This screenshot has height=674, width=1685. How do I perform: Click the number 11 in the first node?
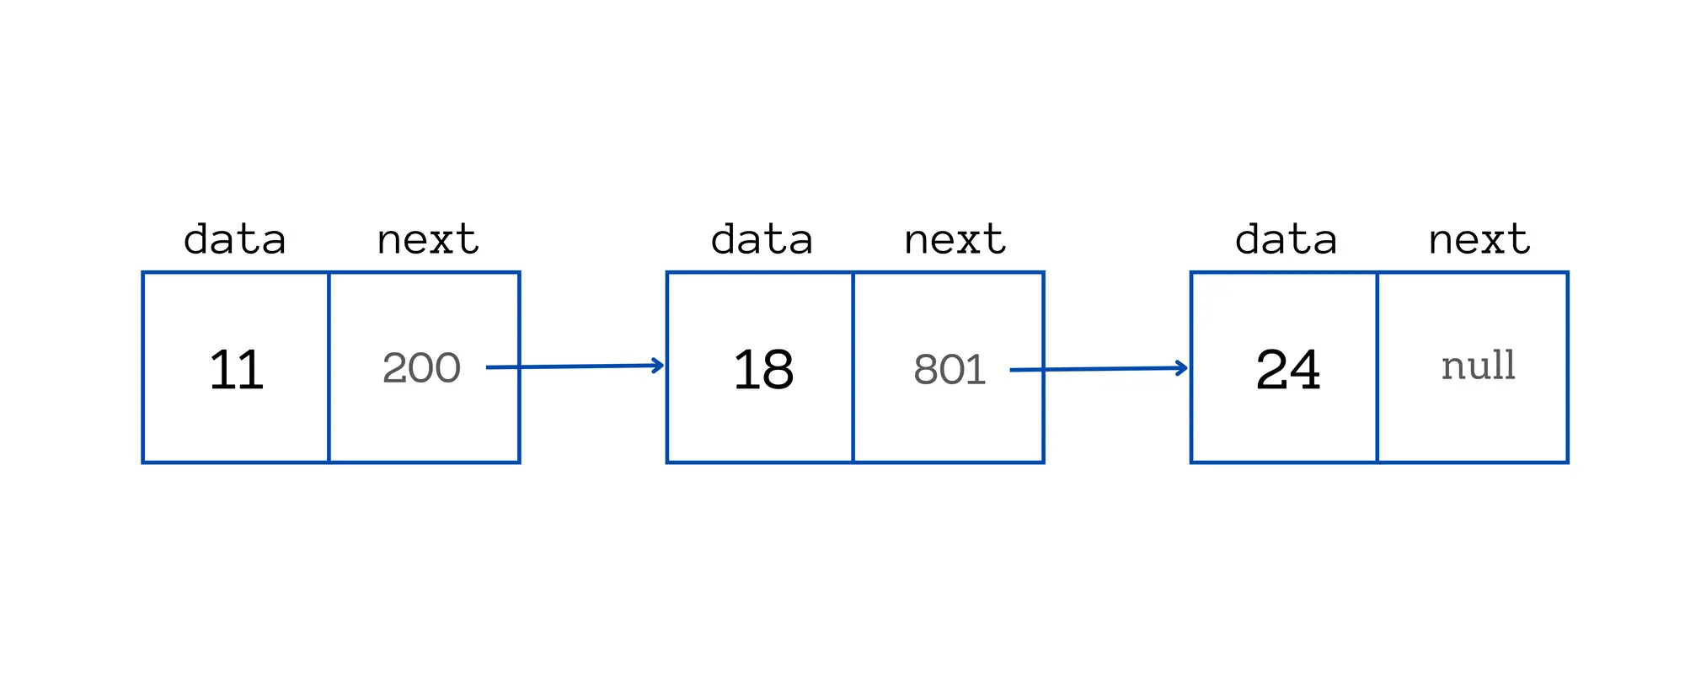pyautogui.click(x=237, y=370)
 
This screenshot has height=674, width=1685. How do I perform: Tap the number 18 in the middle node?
pyautogui.click(x=763, y=370)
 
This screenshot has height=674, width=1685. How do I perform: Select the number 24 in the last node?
pyautogui.click(x=1287, y=370)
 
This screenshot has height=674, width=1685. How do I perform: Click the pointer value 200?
pyautogui.click(x=421, y=368)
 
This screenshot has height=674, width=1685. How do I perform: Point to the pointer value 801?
pyautogui.click(x=949, y=370)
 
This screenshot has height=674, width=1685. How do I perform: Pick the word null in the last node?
pyautogui.click(x=1479, y=366)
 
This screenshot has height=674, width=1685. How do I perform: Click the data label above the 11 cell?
pyautogui.click(x=235, y=239)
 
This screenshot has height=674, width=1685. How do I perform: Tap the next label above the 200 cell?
pyautogui.click(x=428, y=240)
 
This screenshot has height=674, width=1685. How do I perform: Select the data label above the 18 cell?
pyautogui.click(x=762, y=239)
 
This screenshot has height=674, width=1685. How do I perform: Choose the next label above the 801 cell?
pyautogui.click(x=955, y=240)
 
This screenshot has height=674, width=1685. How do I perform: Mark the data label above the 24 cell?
pyautogui.click(x=1286, y=239)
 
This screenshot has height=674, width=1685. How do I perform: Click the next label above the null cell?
pyautogui.click(x=1479, y=240)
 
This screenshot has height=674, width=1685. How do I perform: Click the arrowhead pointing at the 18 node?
pyautogui.click(x=658, y=366)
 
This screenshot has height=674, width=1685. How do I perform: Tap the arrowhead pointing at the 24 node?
pyautogui.click(x=1181, y=368)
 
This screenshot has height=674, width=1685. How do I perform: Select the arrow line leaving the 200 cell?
pyautogui.click(x=575, y=366)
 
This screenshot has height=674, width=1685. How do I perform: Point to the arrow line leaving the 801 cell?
pyautogui.click(x=1099, y=369)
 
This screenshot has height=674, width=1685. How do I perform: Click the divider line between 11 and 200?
pyautogui.click(x=329, y=367)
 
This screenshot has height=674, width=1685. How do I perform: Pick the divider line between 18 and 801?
pyautogui.click(x=853, y=367)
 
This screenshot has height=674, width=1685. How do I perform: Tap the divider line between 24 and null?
pyautogui.click(x=1377, y=367)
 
